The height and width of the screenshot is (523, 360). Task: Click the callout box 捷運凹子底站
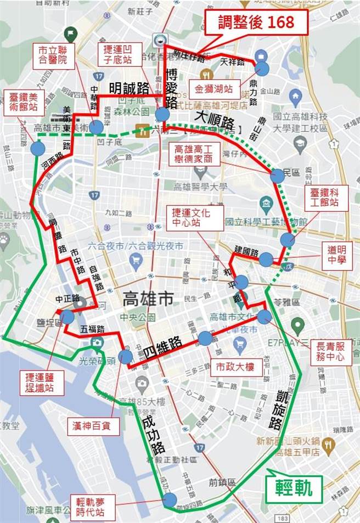116,54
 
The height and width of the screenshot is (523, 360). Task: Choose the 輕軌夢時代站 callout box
94,507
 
